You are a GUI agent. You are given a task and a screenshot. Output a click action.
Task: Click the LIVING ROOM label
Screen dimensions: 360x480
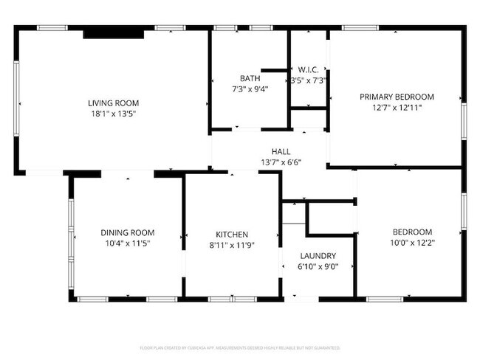pos(114,103)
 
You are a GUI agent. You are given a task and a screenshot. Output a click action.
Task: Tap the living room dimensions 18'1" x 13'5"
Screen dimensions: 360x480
pos(114,114)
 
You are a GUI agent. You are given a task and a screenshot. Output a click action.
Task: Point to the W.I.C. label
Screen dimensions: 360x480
pos(308,70)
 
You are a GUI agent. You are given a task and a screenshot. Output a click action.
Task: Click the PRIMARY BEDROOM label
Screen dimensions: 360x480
pos(397,97)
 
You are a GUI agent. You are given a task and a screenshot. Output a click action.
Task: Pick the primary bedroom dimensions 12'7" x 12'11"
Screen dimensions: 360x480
pos(397,108)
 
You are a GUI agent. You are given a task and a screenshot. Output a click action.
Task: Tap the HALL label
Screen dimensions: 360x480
pos(281,151)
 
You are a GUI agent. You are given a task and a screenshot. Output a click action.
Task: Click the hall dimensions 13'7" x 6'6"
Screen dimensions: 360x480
pos(281,162)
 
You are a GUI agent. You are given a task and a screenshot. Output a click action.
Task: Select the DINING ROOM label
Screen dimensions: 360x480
pos(128,233)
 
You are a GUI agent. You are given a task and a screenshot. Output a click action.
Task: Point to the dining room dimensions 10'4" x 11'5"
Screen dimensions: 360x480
pos(128,244)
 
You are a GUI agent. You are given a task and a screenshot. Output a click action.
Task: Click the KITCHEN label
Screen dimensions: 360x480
pos(232,234)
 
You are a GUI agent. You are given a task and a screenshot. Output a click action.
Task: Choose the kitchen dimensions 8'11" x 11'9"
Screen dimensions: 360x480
pos(232,245)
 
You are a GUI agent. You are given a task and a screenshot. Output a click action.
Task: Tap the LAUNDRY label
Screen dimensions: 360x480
pos(318,256)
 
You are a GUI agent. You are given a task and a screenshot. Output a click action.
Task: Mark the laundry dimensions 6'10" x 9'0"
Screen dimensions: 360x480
pos(318,267)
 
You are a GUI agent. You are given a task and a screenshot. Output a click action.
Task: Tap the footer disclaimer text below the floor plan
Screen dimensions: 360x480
pos(240,347)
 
